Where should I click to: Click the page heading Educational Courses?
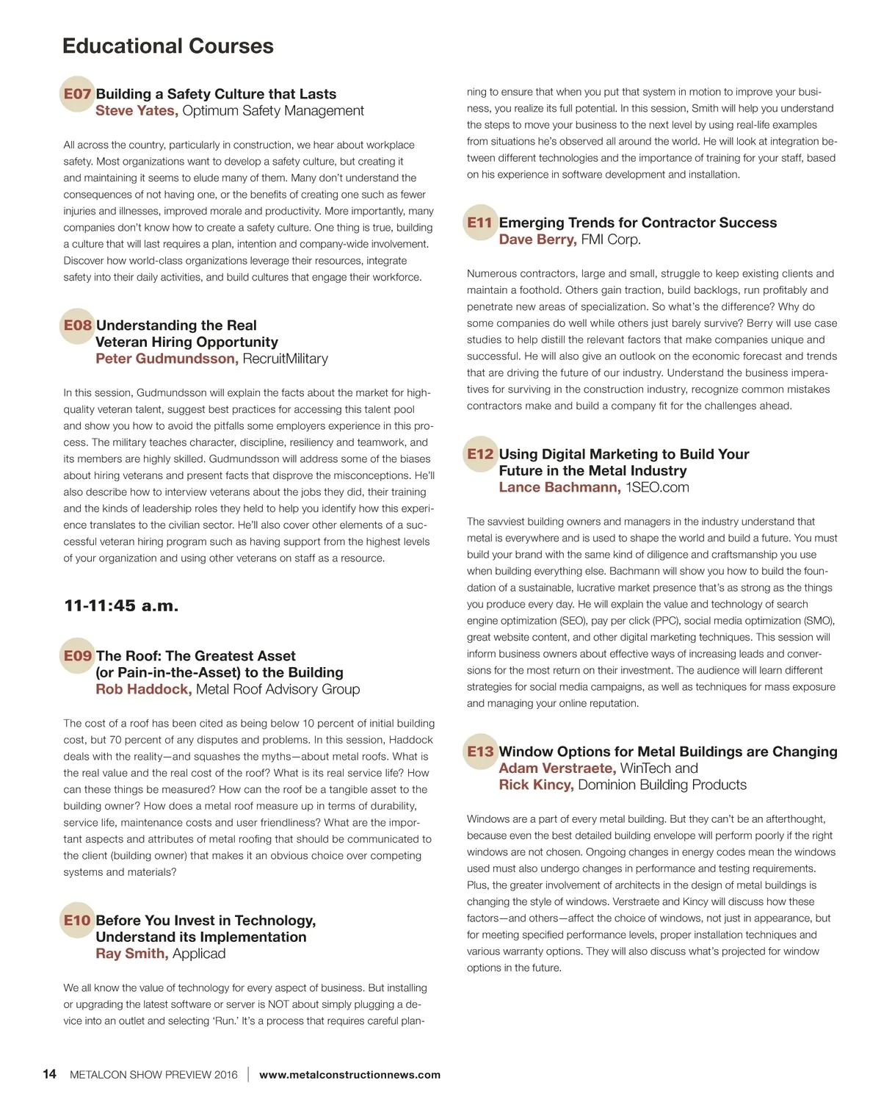point(168,46)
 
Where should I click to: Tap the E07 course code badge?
point(77,94)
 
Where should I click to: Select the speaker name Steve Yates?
point(136,111)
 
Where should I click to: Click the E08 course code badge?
point(77,325)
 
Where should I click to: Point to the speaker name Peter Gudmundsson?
point(166,359)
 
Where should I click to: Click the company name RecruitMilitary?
point(285,359)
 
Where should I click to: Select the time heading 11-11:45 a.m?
point(121,606)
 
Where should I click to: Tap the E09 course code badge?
point(77,656)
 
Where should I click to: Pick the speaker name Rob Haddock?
point(143,689)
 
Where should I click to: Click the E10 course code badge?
point(77,921)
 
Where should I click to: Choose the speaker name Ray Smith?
point(131,954)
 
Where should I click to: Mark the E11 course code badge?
point(480,223)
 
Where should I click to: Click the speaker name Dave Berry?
point(537,240)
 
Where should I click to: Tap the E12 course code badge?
point(480,454)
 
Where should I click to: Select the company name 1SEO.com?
point(657,487)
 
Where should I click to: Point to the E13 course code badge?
point(480,752)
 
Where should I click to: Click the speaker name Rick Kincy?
point(536,785)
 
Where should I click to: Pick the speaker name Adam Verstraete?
point(557,769)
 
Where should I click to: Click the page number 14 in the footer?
point(49,1074)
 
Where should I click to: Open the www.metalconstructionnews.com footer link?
point(349,1075)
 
